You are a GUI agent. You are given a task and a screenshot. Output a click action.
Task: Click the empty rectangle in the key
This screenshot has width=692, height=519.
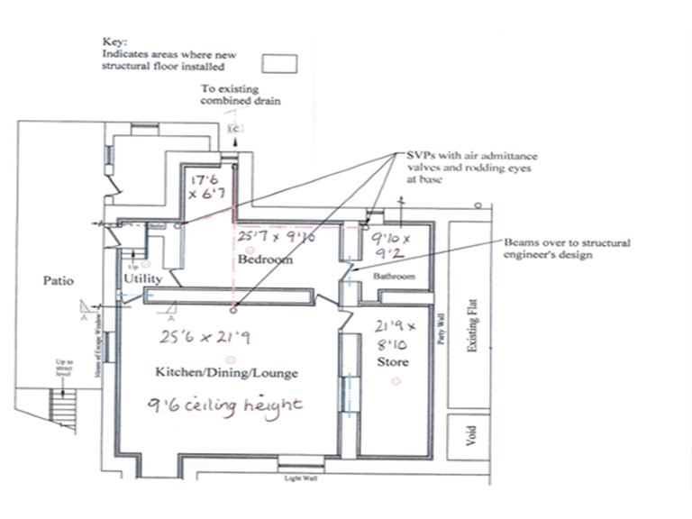coord(279,63)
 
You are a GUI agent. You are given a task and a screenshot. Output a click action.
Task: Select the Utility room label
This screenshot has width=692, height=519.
coord(142,281)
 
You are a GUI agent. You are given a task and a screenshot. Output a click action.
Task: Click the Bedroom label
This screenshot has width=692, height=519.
coord(266,259)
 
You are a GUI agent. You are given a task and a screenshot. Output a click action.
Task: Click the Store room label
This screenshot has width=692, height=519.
coord(393,362)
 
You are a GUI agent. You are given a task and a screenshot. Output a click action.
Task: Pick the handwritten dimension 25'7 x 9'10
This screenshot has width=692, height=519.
coord(278,238)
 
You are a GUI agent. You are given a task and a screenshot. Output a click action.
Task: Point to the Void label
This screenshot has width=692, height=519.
coord(469,434)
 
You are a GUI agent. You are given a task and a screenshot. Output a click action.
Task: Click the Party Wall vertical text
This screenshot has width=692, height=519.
coord(441,329)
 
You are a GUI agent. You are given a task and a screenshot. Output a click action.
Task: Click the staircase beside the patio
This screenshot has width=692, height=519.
coord(60,409)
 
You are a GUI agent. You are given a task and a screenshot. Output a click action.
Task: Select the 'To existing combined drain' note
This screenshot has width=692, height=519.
coord(239,96)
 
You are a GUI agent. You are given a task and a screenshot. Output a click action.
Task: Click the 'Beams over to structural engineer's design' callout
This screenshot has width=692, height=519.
coord(568,249)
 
